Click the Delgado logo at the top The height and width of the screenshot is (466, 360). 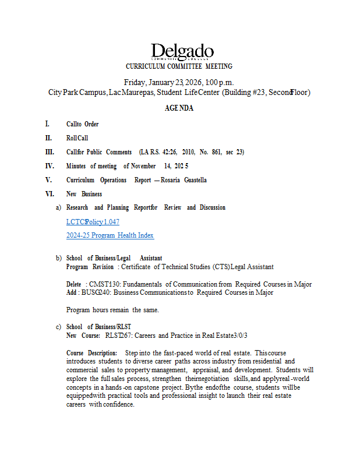(x=182, y=52)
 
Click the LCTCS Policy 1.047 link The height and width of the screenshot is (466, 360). (x=93, y=222)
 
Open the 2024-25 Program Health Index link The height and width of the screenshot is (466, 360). (x=110, y=235)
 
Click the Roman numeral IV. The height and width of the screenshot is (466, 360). (x=50, y=166)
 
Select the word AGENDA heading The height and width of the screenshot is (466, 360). (x=179, y=108)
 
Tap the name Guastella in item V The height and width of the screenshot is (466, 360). (x=190, y=180)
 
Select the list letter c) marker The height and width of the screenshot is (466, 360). (x=58, y=327)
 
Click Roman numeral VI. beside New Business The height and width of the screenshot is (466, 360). (x=50, y=194)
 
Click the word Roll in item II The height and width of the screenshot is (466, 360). (x=72, y=138)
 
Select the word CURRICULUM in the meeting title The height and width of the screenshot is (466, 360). (x=147, y=66)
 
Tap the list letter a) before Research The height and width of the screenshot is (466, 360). (x=58, y=207)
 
